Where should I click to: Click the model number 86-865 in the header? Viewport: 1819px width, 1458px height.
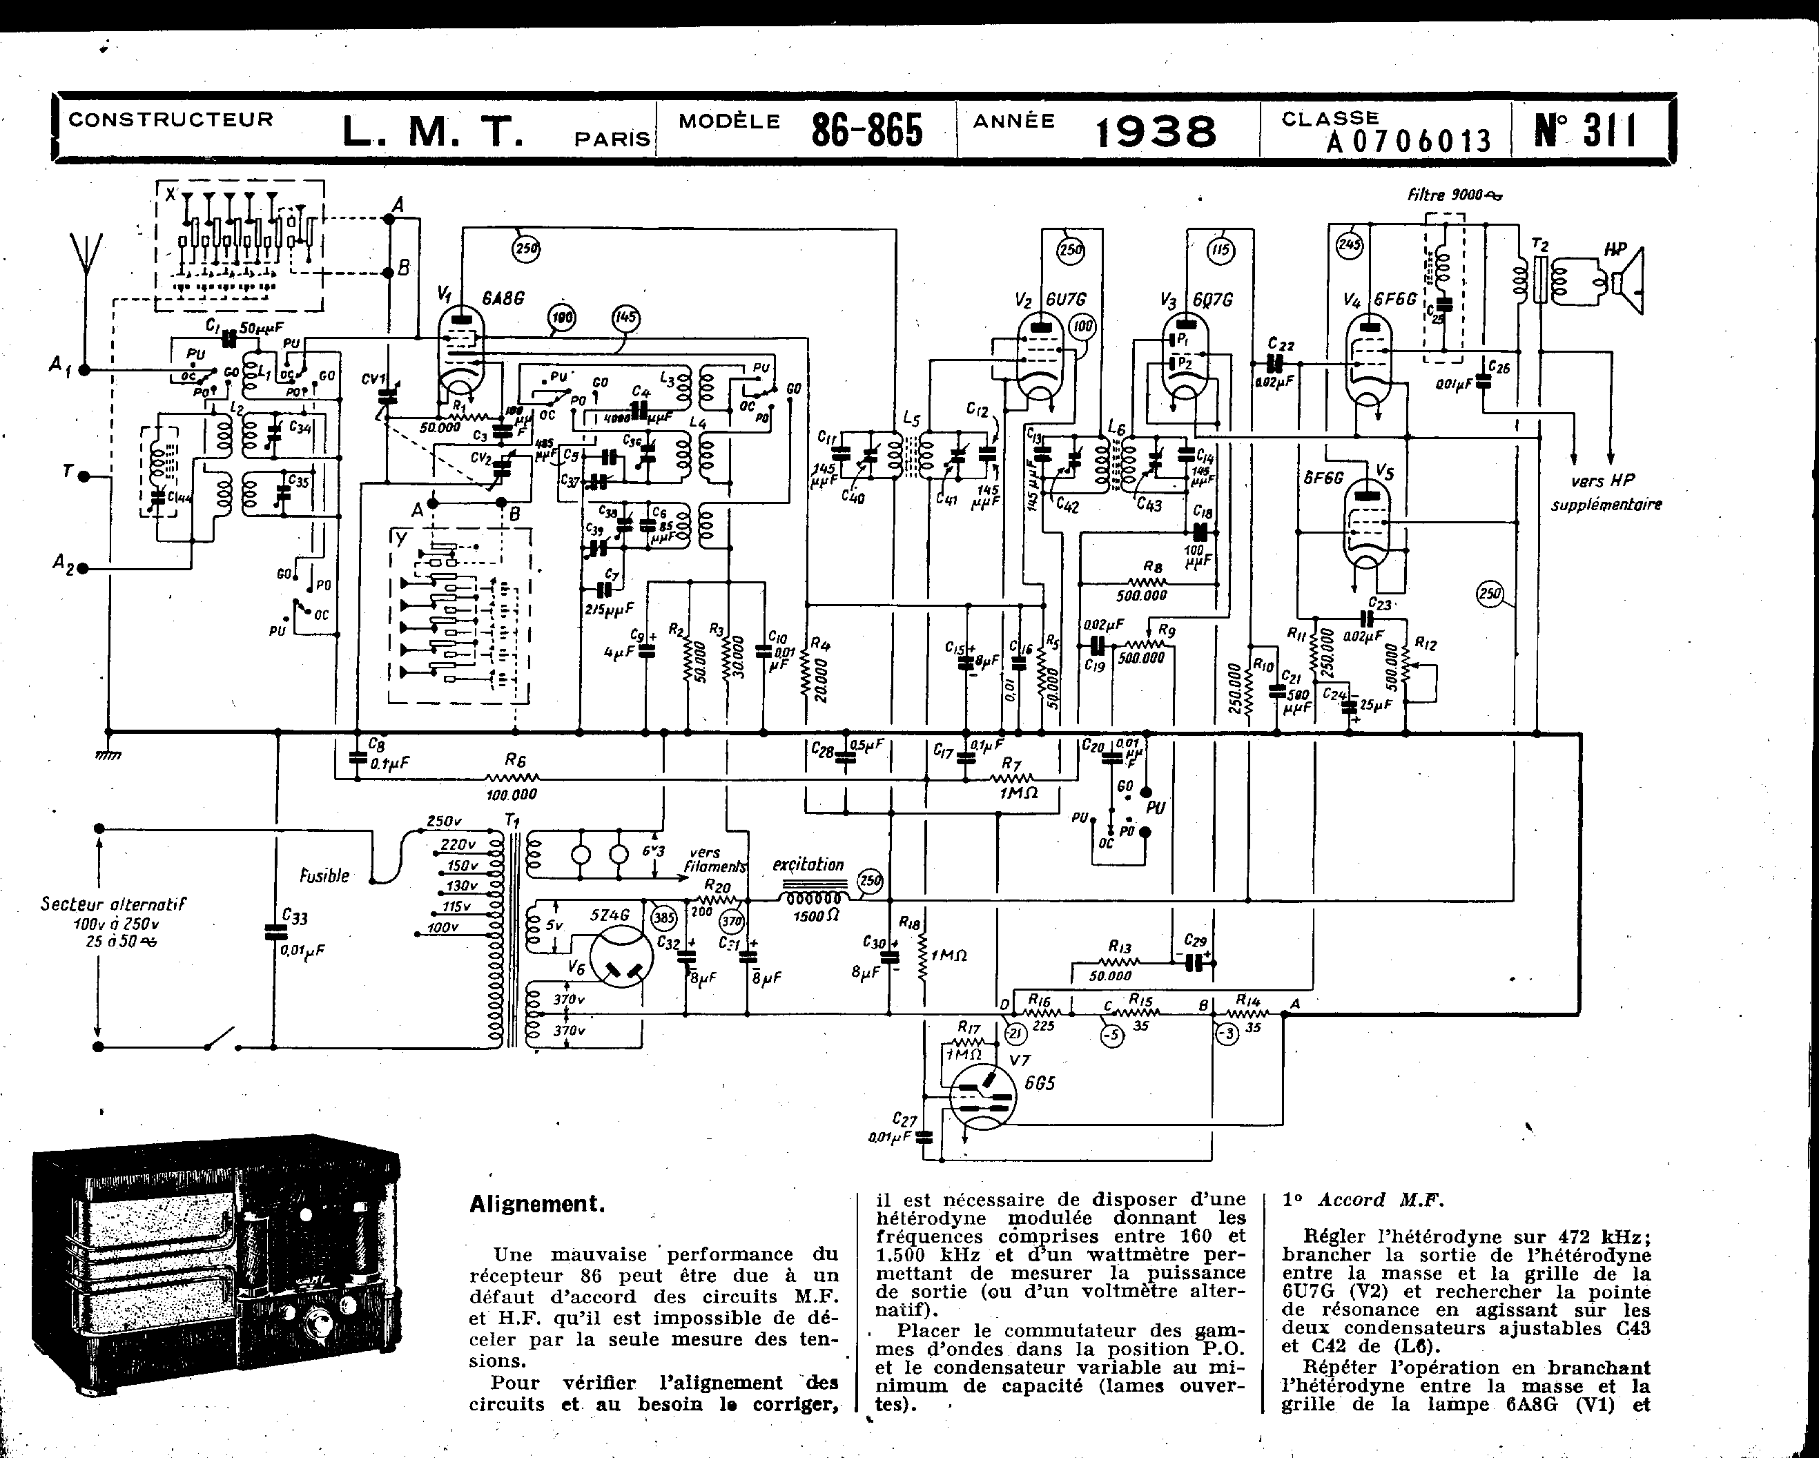coord(866,130)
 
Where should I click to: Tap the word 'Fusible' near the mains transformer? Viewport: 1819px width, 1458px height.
coord(324,876)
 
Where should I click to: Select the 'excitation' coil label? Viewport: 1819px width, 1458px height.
coord(808,865)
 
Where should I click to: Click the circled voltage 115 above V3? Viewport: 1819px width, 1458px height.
coord(1220,250)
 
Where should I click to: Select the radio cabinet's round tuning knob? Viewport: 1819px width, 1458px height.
coord(318,1321)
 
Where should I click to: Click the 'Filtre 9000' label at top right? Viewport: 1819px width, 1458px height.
coord(1454,195)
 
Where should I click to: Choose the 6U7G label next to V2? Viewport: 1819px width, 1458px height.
coord(1064,300)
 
